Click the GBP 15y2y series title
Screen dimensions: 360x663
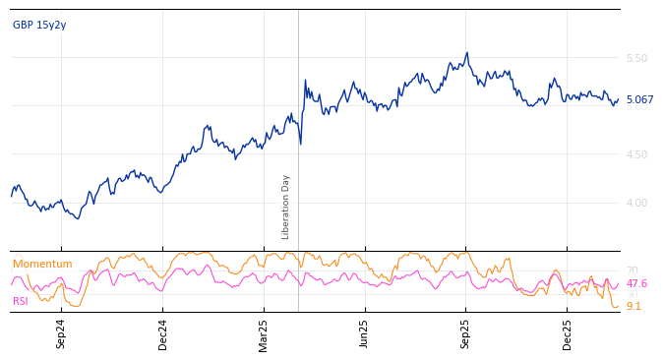click(x=39, y=26)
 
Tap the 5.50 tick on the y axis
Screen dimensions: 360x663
click(x=636, y=59)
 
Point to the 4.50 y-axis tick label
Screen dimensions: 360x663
click(x=636, y=154)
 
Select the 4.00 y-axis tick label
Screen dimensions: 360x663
click(x=636, y=203)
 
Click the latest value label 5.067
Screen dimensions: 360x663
click(x=639, y=100)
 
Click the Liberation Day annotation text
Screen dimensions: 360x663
click(x=286, y=207)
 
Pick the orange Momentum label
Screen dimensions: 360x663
click(x=42, y=265)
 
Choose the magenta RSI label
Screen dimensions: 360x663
click(x=21, y=302)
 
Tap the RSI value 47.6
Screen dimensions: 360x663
click(x=636, y=284)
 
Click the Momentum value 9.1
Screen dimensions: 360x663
click(x=633, y=307)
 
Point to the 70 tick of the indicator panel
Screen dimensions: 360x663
click(x=632, y=271)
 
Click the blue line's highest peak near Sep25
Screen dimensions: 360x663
click(x=467, y=53)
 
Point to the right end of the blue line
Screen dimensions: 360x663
click(x=618, y=99)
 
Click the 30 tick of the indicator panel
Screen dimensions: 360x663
click(x=632, y=295)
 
